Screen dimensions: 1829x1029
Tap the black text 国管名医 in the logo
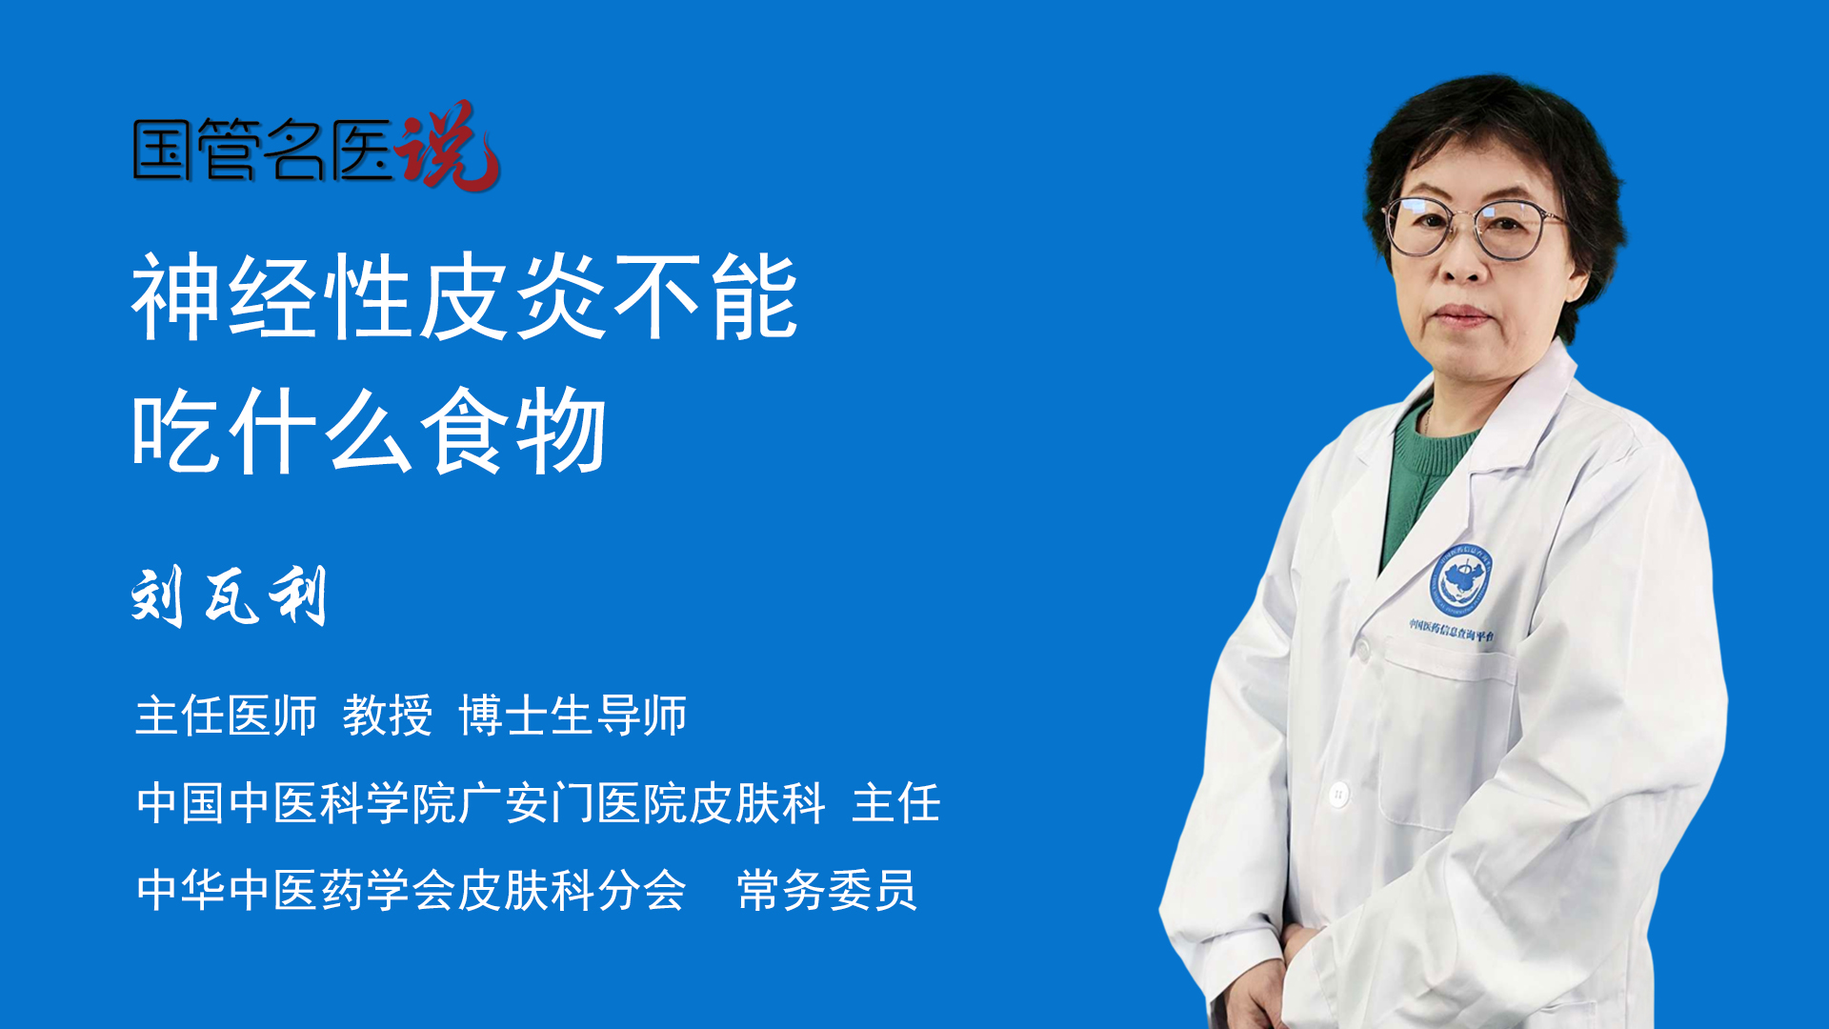[263, 150]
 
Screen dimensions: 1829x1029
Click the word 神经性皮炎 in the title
[369, 297]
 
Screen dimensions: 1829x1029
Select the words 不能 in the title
[706, 297]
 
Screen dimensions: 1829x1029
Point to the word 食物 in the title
[514, 431]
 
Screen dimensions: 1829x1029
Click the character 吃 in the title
[177, 431]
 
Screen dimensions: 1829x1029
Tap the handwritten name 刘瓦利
[230, 595]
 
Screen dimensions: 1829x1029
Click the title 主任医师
[226, 715]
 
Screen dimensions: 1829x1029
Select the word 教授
[388, 715]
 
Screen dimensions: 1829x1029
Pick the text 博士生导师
[573, 715]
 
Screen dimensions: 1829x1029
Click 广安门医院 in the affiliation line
[573, 802]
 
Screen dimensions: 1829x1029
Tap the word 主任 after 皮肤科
[896, 802]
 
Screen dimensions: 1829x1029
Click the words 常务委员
[827, 890]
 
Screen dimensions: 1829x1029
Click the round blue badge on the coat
[1460, 579]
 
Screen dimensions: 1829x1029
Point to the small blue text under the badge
[1452, 630]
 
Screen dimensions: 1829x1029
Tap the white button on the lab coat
[1338, 793]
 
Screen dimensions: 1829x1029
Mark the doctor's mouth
[1460, 315]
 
